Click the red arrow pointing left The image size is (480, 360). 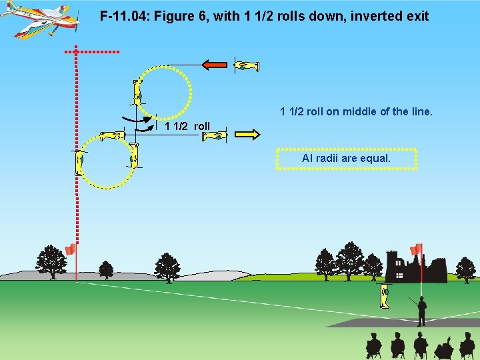[215, 65]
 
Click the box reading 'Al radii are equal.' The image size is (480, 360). [346, 159]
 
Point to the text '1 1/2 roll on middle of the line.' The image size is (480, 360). [356, 111]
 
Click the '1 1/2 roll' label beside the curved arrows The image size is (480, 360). [187, 126]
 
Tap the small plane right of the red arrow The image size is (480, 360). [246, 65]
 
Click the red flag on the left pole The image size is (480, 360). [70, 249]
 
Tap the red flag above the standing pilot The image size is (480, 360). [417, 249]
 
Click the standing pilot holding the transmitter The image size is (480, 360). [421, 311]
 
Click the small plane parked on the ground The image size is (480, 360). [385, 295]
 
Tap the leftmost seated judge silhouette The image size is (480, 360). [373, 345]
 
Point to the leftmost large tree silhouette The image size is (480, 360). [51, 261]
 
